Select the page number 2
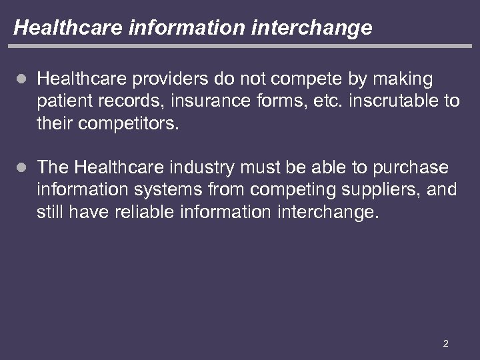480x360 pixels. click(445, 344)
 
